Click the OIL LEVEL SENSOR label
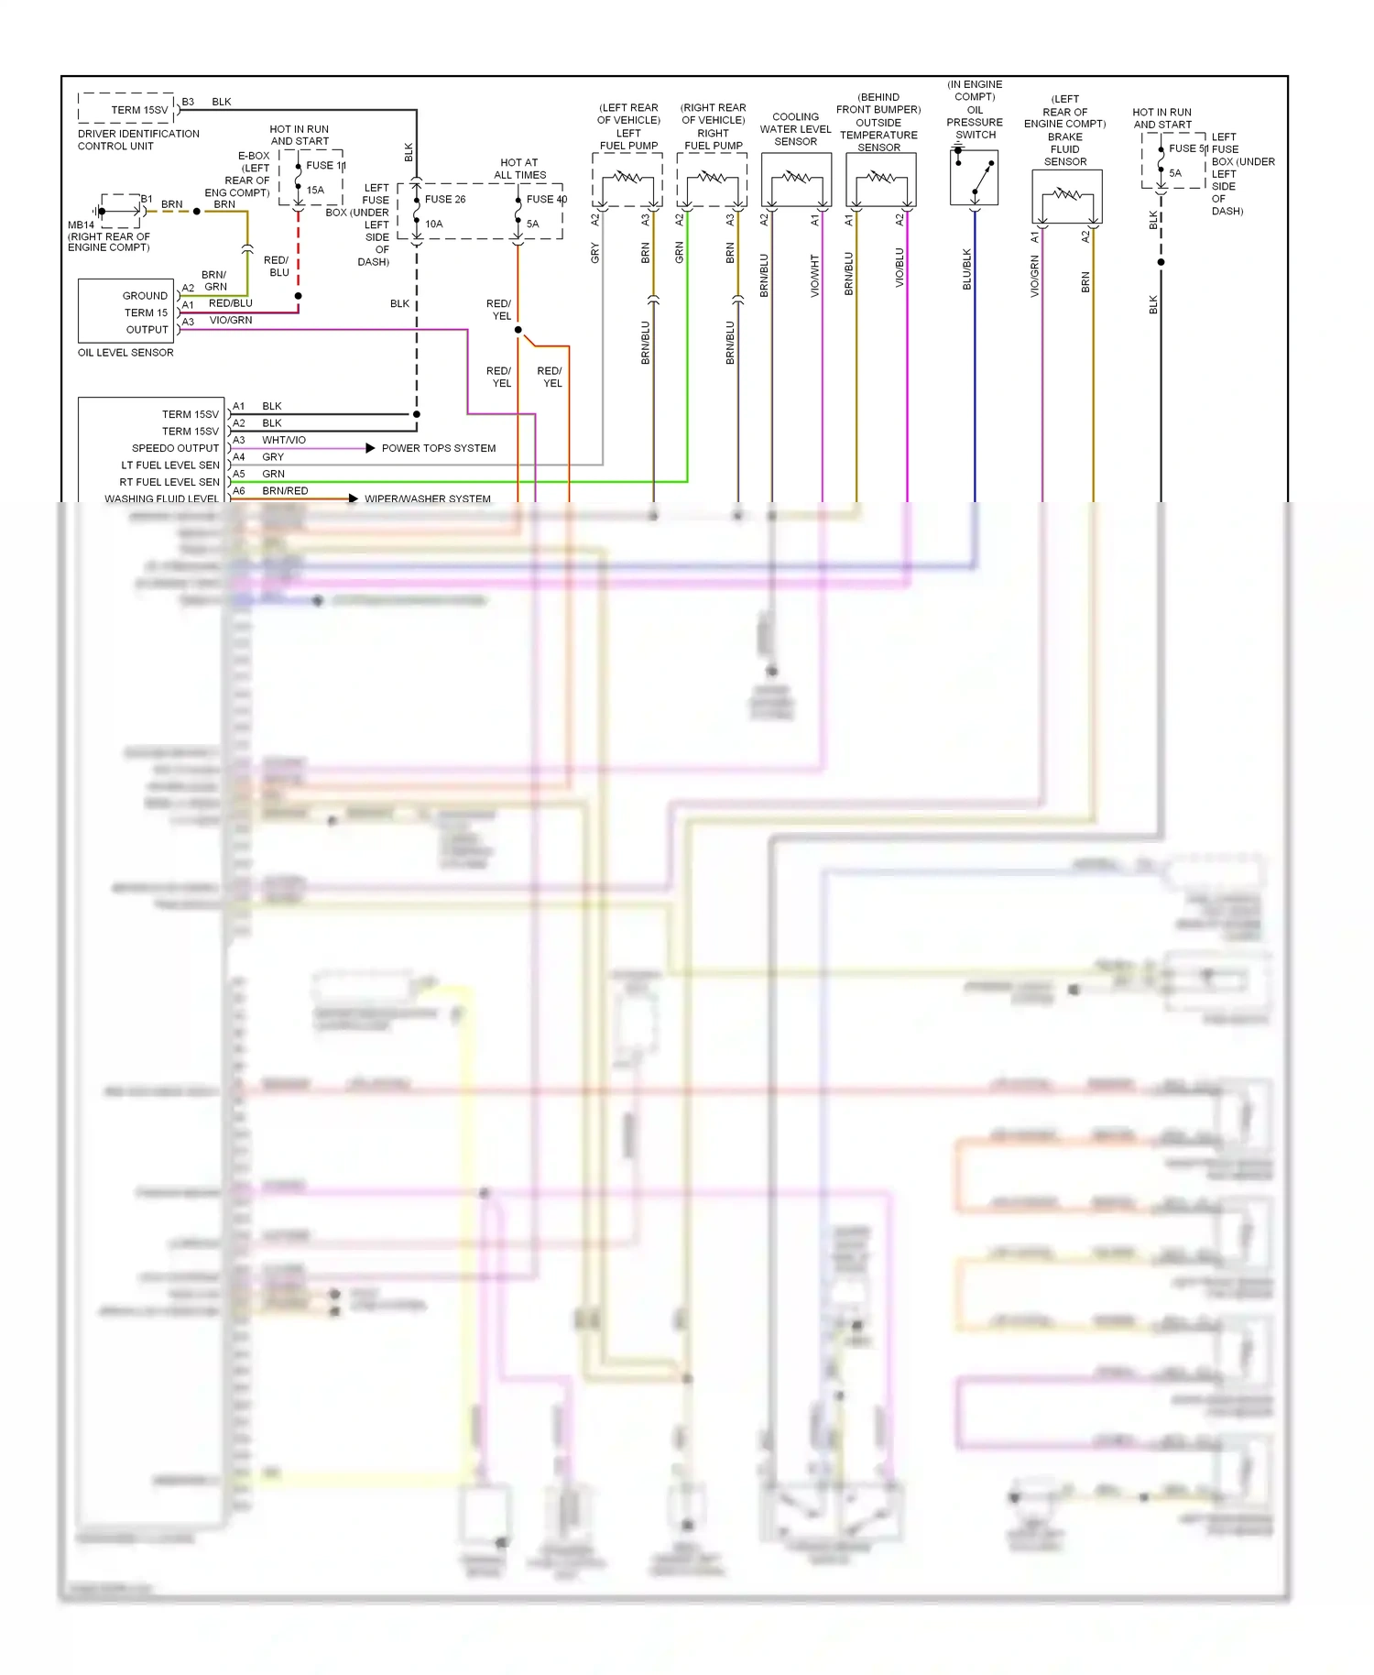[x=125, y=353]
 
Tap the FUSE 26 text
[x=445, y=199]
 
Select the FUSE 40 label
[x=546, y=199]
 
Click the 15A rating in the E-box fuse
[x=315, y=191]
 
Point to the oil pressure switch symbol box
[x=974, y=178]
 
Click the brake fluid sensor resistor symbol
[x=1067, y=195]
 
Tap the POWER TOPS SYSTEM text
[x=439, y=448]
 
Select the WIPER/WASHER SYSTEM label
[x=428, y=499]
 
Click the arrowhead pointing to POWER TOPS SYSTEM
[x=370, y=448]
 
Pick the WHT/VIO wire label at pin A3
[x=284, y=440]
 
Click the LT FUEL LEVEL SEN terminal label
[x=170, y=465]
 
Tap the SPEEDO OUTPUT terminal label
[x=175, y=448]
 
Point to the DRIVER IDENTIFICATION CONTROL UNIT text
[x=138, y=139]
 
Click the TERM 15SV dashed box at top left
[x=127, y=108]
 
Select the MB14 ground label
[x=81, y=224]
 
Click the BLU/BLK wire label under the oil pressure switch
[x=966, y=269]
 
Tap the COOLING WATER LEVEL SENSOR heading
[x=795, y=129]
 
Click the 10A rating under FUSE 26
[x=433, y=224]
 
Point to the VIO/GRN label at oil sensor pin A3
[x=231, y=321]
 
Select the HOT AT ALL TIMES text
[x=519, y=169]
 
